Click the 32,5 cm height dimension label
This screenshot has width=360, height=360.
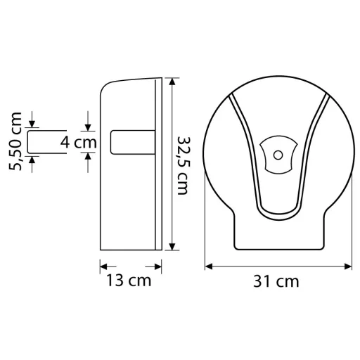[x=183, y=165]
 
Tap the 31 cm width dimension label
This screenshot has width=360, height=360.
[x=276, y=281]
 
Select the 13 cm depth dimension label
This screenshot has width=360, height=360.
[x=129, y=280]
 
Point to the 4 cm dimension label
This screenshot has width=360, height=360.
[x=78, y=142]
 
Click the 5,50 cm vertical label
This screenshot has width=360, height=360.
[x=15, y=141]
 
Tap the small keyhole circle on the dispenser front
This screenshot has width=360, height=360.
[x=278, y=155]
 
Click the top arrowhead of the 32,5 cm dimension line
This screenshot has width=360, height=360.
[x=172, y=82]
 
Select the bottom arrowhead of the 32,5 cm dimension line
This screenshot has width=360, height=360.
[x=172, y=247]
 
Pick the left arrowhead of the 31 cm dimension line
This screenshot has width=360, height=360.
[x=209, y=266]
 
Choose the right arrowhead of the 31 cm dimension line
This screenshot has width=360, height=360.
[x=348, y=266]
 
